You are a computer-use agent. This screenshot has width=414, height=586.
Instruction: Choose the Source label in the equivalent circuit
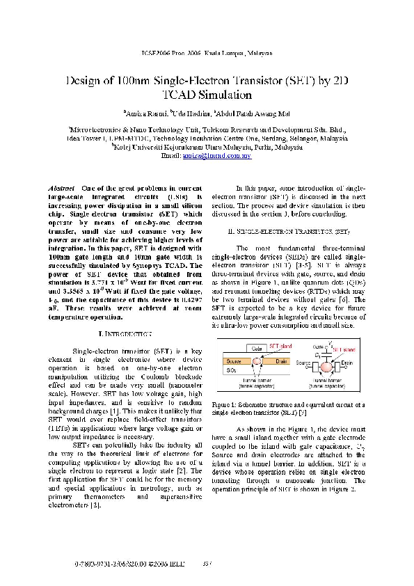(x=303, y=363)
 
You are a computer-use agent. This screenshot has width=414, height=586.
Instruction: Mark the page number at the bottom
(x=207, y=562)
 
